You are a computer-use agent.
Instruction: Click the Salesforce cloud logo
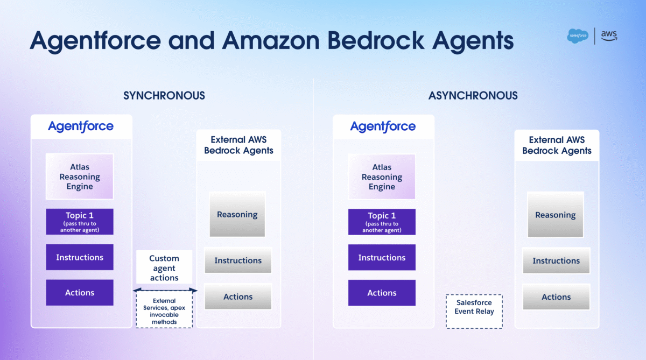click(578, 36)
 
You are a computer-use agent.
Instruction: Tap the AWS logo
click(609, 36)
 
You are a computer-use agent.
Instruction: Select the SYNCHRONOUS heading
click(164, 95)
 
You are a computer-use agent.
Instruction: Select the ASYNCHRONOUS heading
click(473, 95)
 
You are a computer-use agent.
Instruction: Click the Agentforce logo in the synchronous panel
click(81, 126)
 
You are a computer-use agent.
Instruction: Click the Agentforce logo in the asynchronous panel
click(383, 126)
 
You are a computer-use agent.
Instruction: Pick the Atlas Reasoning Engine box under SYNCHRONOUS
click(80, 177)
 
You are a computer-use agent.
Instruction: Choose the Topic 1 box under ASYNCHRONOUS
click(382, 222)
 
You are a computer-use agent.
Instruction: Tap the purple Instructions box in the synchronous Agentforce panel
click(80, 257)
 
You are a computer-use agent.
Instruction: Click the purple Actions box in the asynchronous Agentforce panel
click(382, 293)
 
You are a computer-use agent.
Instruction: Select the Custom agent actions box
click(164, 267)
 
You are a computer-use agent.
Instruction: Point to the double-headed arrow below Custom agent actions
click(165, 290)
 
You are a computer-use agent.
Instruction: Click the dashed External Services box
click(164, 309)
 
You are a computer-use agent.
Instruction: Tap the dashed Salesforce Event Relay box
click(474, 311)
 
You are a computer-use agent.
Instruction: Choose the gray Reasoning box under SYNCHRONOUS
click(237, 215)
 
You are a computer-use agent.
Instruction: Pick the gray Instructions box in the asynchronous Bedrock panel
click(556, 260)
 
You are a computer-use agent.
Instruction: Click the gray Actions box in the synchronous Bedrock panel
click(238, 297)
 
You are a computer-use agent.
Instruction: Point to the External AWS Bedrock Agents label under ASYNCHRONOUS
click(557, 145)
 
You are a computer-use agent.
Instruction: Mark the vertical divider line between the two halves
click(313, 219)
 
